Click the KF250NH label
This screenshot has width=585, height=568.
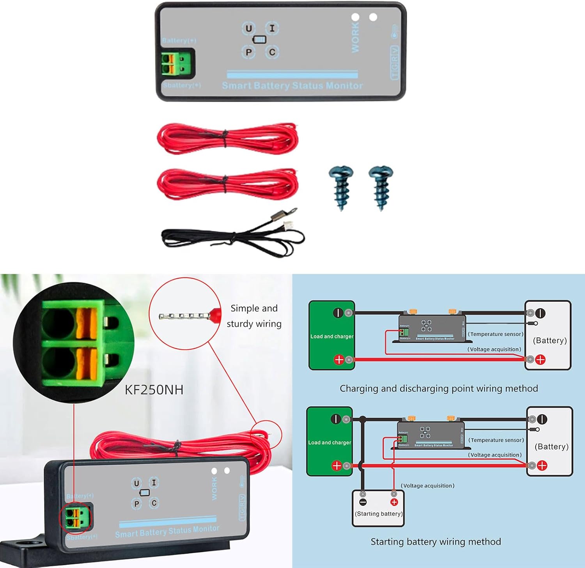[154, 389]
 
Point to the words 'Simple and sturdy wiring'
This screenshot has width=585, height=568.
[254, 316]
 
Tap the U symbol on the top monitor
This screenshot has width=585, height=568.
[248, 28]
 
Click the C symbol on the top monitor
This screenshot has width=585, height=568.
[272, 52]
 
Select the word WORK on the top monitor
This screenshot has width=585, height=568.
[355, 37]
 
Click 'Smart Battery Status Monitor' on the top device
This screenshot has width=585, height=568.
[292, 85]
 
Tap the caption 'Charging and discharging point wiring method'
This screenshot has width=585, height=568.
[439, 388]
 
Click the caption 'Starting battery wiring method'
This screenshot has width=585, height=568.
[436, 541]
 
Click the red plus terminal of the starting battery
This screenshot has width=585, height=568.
[394, 502]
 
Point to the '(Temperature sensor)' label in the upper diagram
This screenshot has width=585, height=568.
[496, 334]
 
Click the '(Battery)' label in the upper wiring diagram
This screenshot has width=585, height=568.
[550, 340]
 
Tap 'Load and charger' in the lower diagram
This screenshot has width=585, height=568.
[330, 442]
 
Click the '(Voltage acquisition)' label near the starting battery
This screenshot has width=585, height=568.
[427, 486]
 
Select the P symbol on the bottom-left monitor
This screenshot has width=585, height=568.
[136, 504]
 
